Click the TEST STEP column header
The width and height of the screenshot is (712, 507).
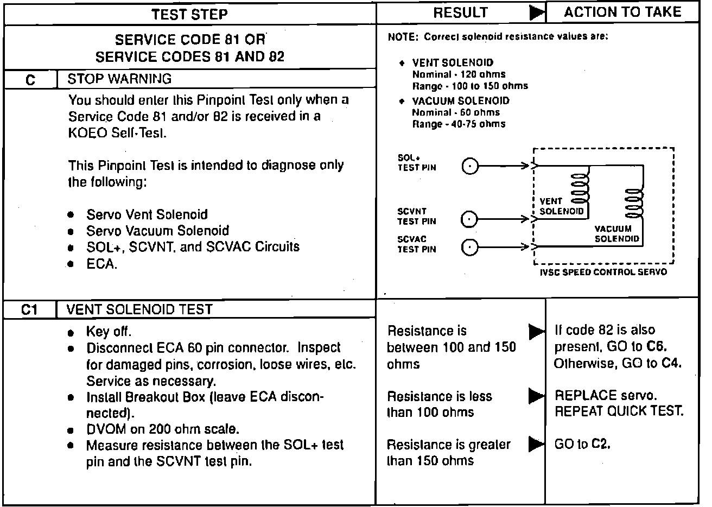point(189,14)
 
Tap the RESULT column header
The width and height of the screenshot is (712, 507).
point(460,13)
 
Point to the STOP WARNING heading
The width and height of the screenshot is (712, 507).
point(119,79)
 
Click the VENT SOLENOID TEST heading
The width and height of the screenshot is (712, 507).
point(139,309)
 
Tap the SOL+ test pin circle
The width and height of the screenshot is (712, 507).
point(470,166)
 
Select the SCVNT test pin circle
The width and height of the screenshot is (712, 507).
point(469,219)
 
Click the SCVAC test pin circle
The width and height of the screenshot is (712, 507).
point(470,248)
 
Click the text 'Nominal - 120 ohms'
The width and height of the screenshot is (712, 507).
point(459,74)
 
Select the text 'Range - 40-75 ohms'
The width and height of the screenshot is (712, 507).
point(459,124)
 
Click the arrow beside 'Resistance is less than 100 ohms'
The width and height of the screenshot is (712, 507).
point(537,396)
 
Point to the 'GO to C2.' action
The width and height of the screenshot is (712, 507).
point(582,444)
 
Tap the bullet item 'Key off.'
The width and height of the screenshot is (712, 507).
point(109,332)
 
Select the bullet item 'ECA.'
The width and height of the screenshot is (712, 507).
point(101,264)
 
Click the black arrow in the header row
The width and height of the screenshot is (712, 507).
point(537,14)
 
